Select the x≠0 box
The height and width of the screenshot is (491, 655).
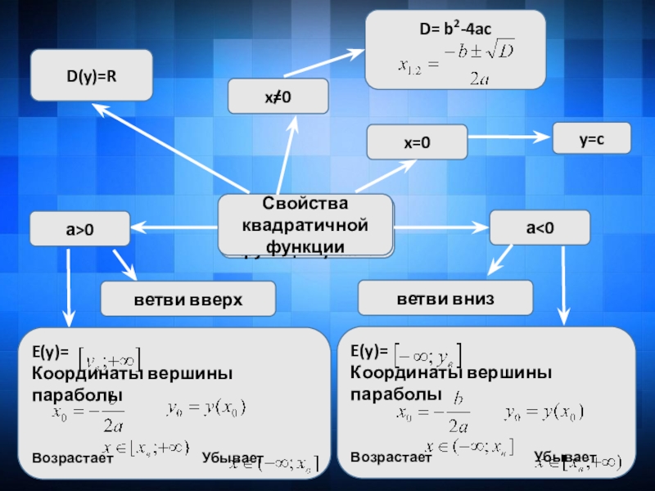pyautogui.click(x=278, y=97)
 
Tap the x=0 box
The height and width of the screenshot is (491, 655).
pyautogui.click(x=417, y=142)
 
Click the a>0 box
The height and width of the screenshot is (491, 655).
pyautogui.click(x=79, y=230)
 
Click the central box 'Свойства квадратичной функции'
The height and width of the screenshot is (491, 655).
pyautogui.click(x=305, y=225)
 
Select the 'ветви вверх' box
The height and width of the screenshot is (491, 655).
pyautogui.click(x=187, y=300)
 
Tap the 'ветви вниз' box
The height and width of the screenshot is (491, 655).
pyautogui.click(x=445, y=296)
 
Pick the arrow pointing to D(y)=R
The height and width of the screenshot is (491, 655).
pyautogui.click(x=164, y=147)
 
